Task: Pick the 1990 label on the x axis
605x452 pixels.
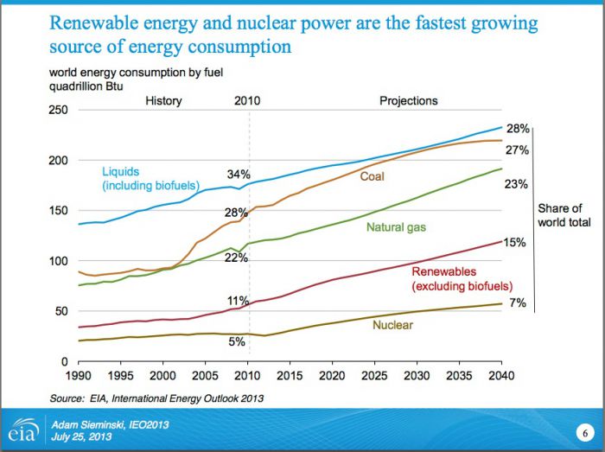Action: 79,378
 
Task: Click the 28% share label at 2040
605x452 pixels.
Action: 518,129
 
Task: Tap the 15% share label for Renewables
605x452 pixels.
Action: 515,243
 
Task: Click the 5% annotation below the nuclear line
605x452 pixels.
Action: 237,341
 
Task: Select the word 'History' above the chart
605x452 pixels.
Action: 163,101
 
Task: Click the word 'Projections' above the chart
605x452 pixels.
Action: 409,101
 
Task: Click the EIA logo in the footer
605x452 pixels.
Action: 20,430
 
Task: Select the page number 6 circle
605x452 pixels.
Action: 583,430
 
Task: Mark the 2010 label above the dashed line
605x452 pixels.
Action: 247,101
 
